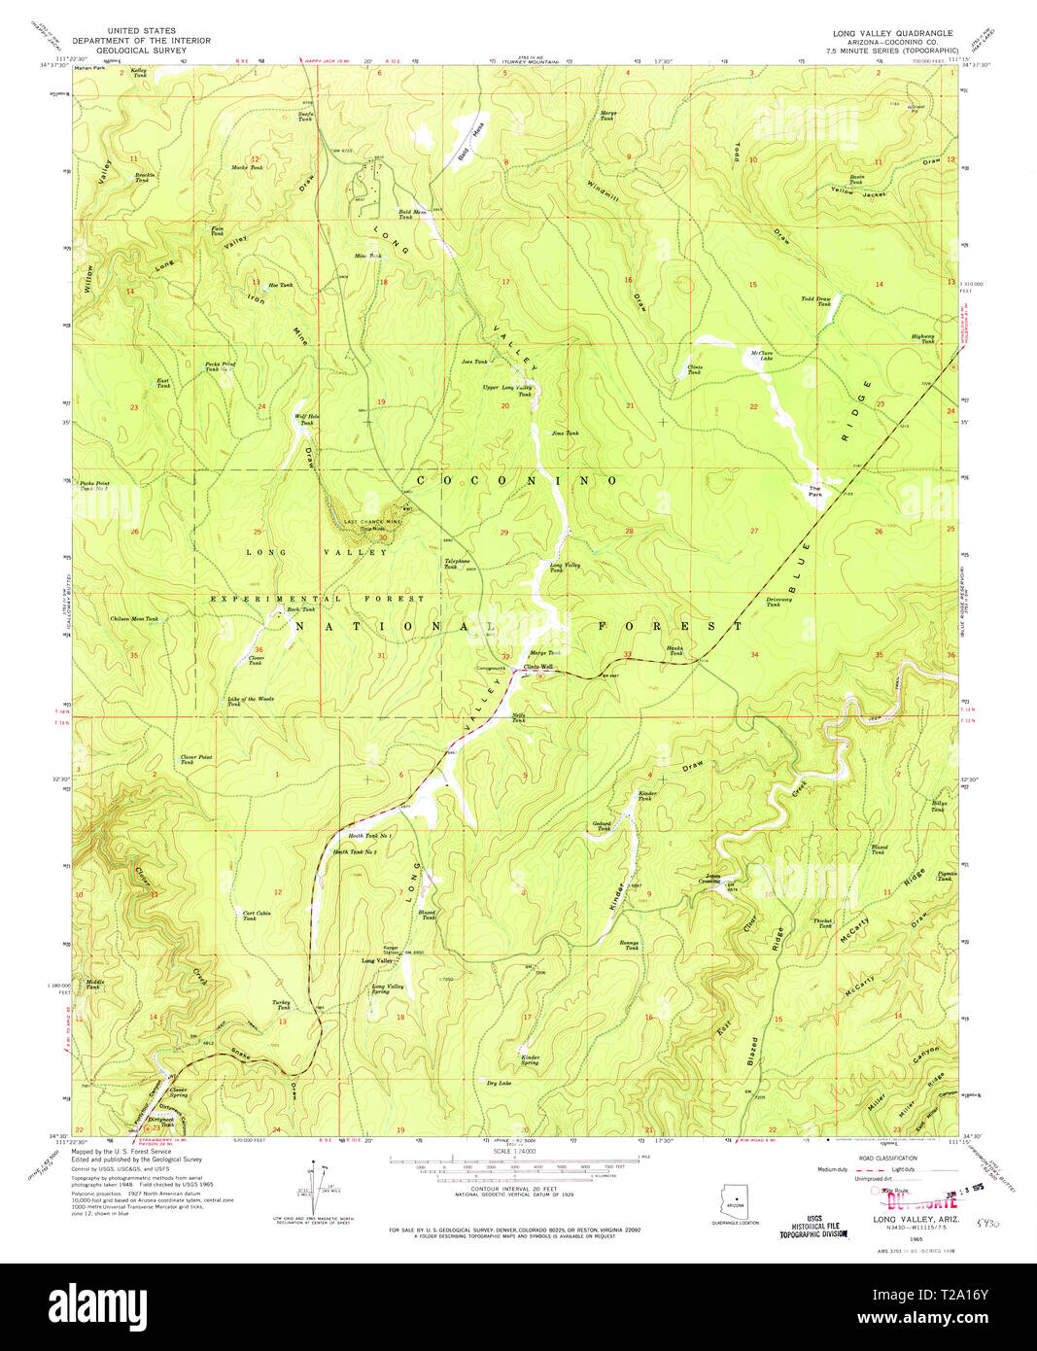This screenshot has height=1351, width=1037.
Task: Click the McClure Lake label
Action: [x=761, y=355]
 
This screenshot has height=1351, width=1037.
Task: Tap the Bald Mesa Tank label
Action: [x=412, y=214]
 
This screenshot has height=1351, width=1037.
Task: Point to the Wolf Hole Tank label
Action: [x=307, y=419]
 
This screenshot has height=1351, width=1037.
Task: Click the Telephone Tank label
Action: [x=457, y=563]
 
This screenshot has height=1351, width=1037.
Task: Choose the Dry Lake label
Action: [x=499, y=1082]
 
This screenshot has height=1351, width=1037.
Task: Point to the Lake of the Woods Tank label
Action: [x=251, y=701]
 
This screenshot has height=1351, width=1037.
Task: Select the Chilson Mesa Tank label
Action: [x=134, y=618]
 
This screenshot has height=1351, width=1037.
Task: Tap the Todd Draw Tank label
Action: [x=816, y=301]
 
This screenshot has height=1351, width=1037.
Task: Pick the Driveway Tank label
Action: [x=778, y=602]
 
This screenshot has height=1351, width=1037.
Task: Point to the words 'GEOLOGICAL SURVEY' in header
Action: [x=141, y=50]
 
